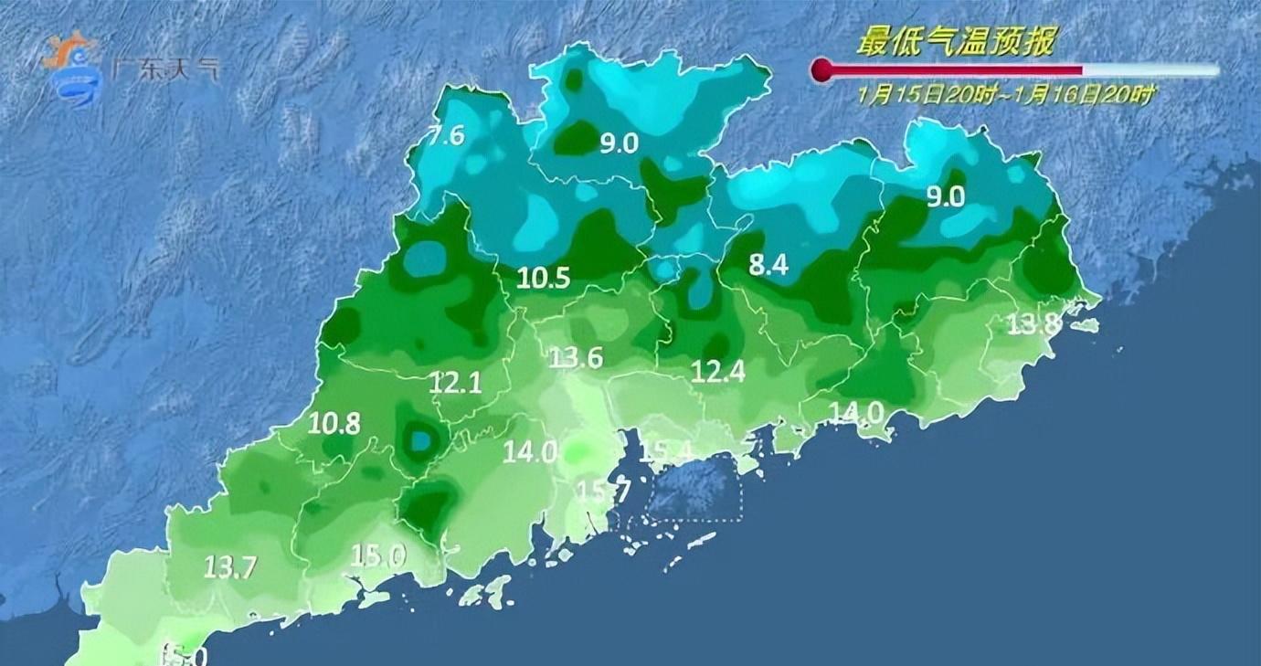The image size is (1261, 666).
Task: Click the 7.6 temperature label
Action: (x=448, y=136)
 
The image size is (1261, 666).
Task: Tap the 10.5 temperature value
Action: (x=544, y=279)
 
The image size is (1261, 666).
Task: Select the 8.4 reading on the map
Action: (x=768, y=266)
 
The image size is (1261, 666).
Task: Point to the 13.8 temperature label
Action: (x=1033, y=323)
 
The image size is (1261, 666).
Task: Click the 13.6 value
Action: (x=576, y=357)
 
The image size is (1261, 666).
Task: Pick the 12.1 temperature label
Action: (x=455, y=384)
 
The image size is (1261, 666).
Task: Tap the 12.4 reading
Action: (x=717, y=371)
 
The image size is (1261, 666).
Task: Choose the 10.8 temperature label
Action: (x=334, y=423)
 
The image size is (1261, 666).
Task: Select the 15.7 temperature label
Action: (x=603, y=492)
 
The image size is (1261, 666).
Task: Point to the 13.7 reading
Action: (x=229, y=566)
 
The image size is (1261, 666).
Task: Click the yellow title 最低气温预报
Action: (x=957, y=42)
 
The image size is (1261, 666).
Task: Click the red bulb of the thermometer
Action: (x=821, y=70)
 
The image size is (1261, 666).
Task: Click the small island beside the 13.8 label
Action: (x=1086, y=325)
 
